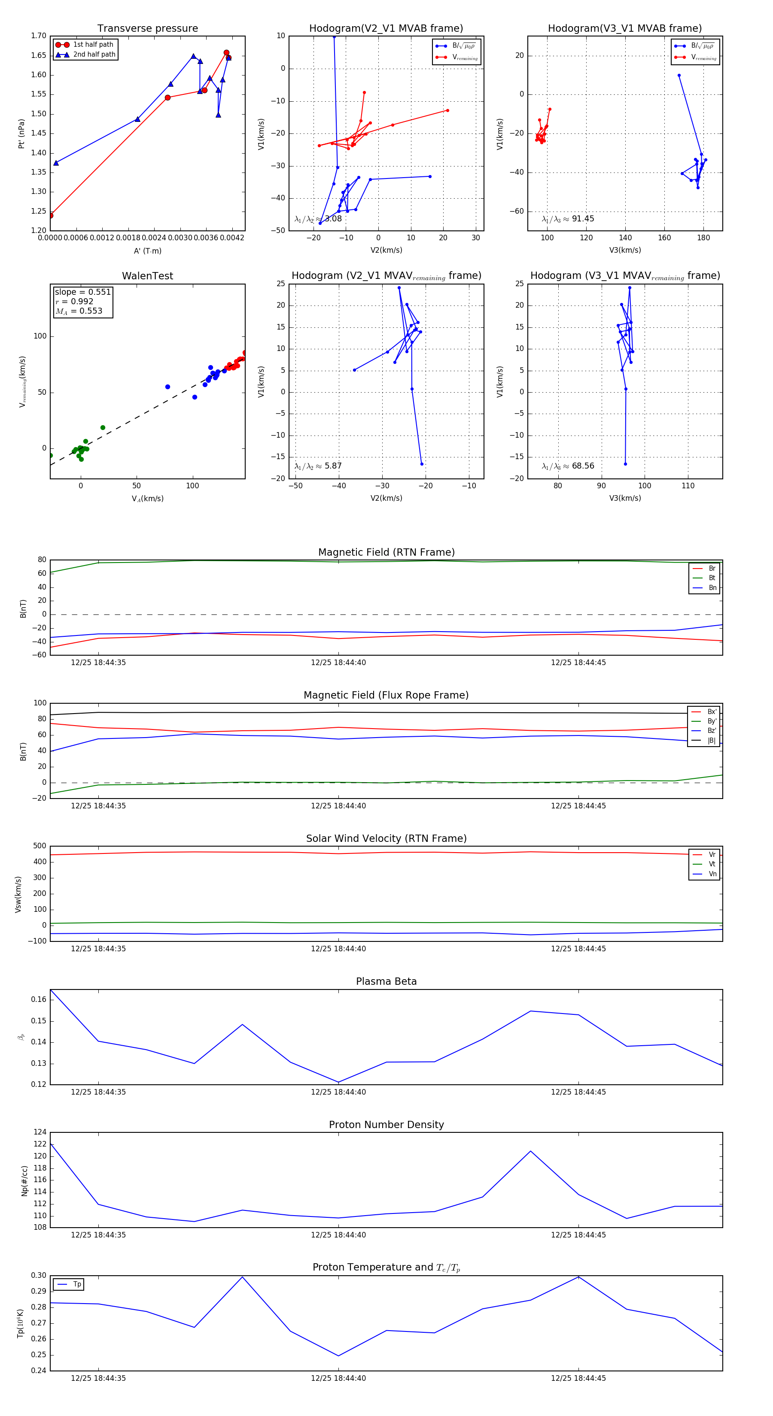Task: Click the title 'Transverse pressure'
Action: pyautogui.click(x=147, y=29)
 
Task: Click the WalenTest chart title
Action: pyautogui.click(x=147, y=276)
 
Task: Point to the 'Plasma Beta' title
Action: pyautogui.click(x=386, y=982)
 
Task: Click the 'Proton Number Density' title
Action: pyautogui.click(x=386, y=1125)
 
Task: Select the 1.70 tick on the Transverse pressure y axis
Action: pyautogui.click(x=39, y=36)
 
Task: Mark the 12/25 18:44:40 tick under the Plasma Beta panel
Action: pyautogui.click(x=338, y=1092)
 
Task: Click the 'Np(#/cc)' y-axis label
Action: pyautogui.click(x=24, y=1181)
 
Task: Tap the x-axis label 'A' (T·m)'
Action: pyautogui.click(x=147, y=251)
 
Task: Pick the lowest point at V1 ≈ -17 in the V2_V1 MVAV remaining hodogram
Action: pyautogui.click(x=422, y=464)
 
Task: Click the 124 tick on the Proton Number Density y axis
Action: pyautogui.click(x=40, y=1132)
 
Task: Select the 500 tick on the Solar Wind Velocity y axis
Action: pyautogui.click(x=40, y=846)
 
